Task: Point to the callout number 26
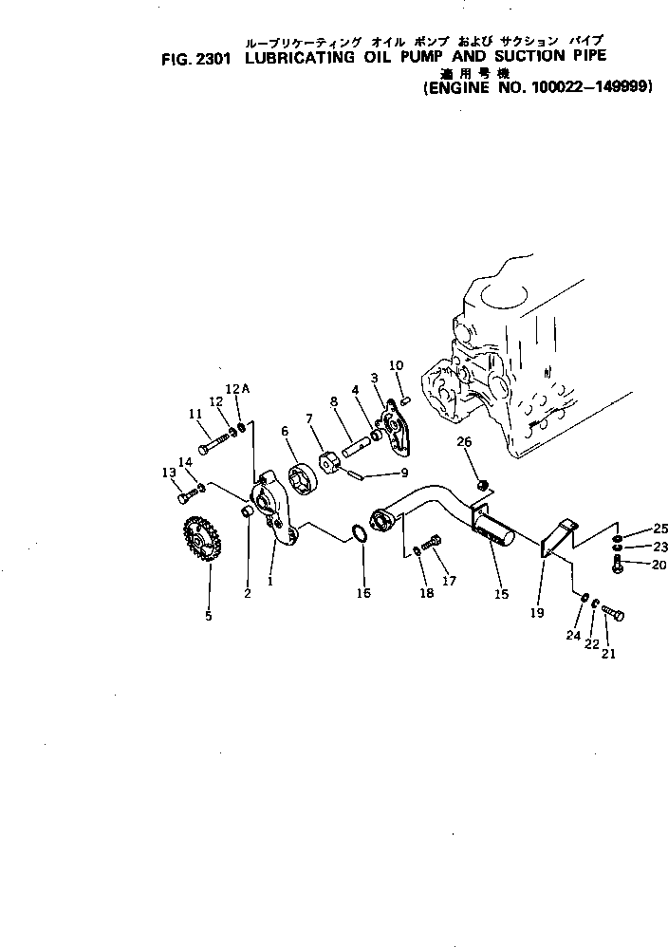464,441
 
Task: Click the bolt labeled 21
612,614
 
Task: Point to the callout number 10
397,364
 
